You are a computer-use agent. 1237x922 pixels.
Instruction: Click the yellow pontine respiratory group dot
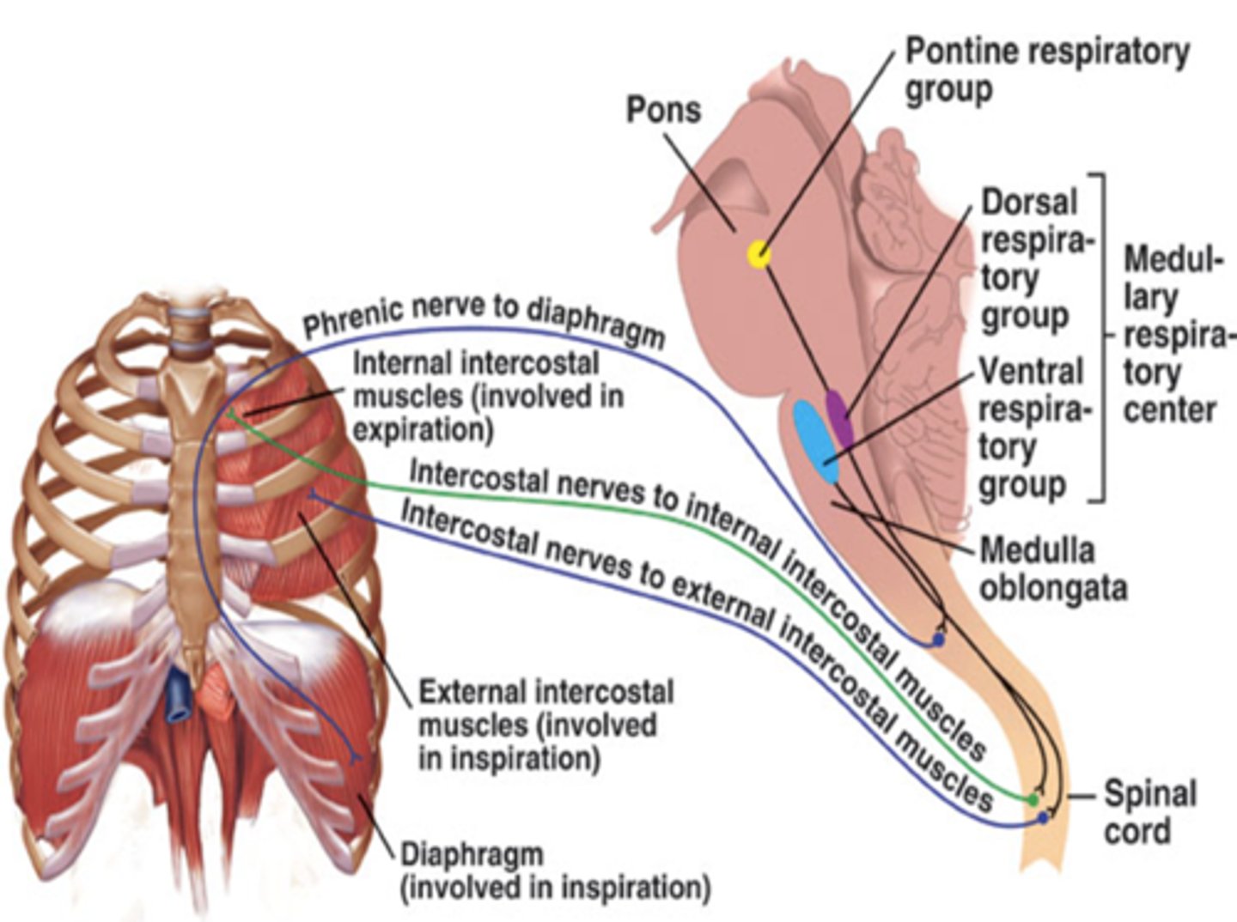click(x=759, y=254)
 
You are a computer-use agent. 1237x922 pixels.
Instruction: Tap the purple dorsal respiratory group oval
click(x=839, y=418)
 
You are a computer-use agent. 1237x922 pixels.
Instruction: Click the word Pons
click(x=663, y=110)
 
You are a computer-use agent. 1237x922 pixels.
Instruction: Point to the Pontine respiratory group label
click(x=1046, y=70)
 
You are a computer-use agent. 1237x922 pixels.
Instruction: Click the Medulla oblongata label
click(x=1052, y=568)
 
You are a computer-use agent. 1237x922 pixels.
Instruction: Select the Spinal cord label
click(x=1149, y=812)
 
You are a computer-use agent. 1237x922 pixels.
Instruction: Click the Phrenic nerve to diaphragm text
click(x=484, y=318)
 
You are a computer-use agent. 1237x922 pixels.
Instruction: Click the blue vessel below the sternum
click(x=180, y=696)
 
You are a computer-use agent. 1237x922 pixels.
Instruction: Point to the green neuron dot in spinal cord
click(x=1033, y=800)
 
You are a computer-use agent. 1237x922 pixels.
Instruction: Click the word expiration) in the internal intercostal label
click(x=423, y=429)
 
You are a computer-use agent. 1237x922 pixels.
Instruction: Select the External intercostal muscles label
click(x=545, y=725)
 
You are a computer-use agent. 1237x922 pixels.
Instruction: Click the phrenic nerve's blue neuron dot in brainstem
click(x=938, y=640)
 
